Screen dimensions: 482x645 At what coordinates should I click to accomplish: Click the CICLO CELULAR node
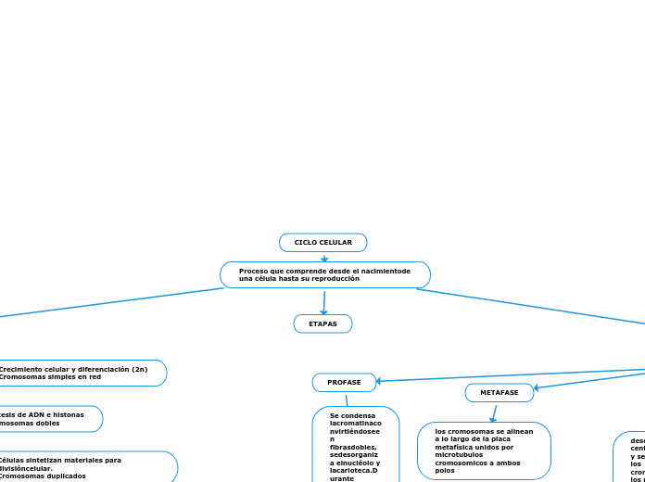click(x=322, y=243)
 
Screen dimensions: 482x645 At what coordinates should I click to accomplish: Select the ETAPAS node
click(x=322, y=323)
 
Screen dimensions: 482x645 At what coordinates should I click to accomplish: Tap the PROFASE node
click(x=344, y=382)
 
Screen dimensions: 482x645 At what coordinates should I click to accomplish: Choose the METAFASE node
click(x=499, y=393)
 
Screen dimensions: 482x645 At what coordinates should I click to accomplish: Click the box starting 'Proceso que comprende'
click(x=324, y=274)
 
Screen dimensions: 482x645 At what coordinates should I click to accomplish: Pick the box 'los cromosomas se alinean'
click(x=484, y=450)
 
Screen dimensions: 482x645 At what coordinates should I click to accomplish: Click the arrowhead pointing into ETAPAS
click(x=323, y=311)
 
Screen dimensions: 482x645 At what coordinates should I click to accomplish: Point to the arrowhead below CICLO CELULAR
click(x=323, y=259)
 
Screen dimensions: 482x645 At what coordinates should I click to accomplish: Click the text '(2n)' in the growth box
click(x=139, y=369)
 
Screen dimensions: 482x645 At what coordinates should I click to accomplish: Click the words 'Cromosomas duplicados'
click(x=42, y=476)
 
